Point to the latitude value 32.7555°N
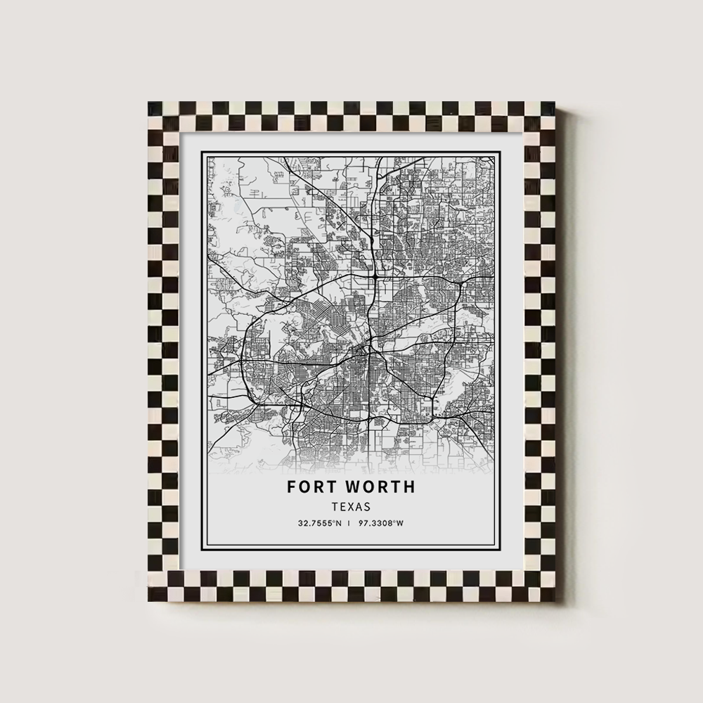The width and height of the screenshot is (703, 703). coord(319,522)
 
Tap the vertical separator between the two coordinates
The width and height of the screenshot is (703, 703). coord(350,522)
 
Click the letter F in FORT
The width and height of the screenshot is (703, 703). coord(290,486)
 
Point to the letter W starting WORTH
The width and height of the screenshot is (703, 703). coord(349,486)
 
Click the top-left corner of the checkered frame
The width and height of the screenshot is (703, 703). coord(149,103)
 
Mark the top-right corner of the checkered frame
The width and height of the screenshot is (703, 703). coord(555,103)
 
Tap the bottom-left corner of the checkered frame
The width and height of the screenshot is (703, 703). coord(149,601)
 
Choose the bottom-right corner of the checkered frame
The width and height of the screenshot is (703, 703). coord(555,601)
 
